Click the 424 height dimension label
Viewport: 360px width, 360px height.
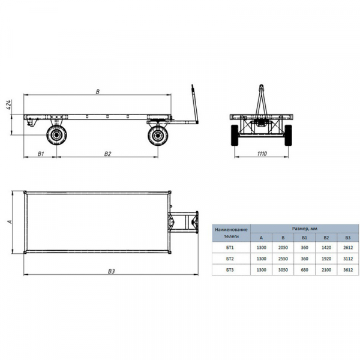tap(8, 104)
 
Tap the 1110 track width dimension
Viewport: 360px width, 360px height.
tap(262, 154)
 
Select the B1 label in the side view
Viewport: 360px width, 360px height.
tap(41, 154)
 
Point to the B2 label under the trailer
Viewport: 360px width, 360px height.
tap(107, 154)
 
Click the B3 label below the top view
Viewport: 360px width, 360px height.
tap(111, 271)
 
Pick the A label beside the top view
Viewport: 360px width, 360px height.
tap(10, 222)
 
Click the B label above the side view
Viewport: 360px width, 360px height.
tap(98, 92)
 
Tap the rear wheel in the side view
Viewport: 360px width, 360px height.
tap(56, 135)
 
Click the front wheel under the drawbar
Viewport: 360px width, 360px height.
tap(158, 135)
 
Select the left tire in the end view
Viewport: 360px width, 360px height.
tap(235, 135)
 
